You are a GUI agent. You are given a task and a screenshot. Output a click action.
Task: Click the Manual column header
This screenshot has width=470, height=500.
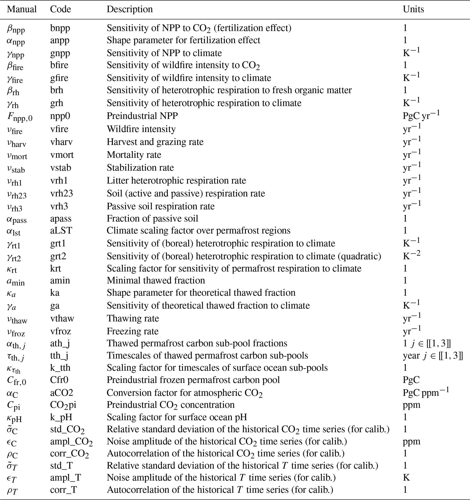click(22, 9)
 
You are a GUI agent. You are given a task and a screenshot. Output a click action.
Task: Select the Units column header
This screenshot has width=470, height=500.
click(413, 9)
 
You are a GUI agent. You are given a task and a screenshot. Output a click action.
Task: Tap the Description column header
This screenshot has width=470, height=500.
click(130, 9)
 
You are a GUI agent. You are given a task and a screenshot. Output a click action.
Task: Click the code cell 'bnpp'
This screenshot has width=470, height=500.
click(60, 28)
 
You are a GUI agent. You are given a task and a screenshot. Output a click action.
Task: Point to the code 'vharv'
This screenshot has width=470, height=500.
click(61, 142)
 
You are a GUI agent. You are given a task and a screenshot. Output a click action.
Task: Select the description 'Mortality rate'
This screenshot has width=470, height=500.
click(134, 155)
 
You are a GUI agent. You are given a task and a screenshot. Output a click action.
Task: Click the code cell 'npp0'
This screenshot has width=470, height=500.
click(60, 116)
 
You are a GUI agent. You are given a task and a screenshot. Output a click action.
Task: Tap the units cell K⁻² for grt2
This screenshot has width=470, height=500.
click(411, 255)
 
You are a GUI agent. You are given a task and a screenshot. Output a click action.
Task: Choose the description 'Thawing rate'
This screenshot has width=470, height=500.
click(133, 318)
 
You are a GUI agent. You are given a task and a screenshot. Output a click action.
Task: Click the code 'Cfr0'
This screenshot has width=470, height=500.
click(59, 380)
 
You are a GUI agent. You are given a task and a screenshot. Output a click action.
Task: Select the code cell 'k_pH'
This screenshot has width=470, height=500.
click(61, 417)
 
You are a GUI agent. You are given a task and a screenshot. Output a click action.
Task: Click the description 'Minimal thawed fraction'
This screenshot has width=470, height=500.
click(156, 280)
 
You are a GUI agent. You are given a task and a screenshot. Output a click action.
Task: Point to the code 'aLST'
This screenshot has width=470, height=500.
click(61, 231)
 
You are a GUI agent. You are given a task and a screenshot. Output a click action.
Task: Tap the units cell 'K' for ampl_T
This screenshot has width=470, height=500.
click(406, 477)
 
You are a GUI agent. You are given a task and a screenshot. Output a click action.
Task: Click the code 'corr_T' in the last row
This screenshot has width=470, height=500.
click(63, 490)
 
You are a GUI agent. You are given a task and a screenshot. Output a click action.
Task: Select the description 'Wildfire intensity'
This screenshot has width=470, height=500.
click(141, 129)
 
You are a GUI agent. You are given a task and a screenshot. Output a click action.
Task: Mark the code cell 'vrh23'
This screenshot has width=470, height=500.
click(61, 193)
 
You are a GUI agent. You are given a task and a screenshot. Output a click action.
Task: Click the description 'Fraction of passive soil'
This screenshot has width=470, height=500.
click(152, 218)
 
